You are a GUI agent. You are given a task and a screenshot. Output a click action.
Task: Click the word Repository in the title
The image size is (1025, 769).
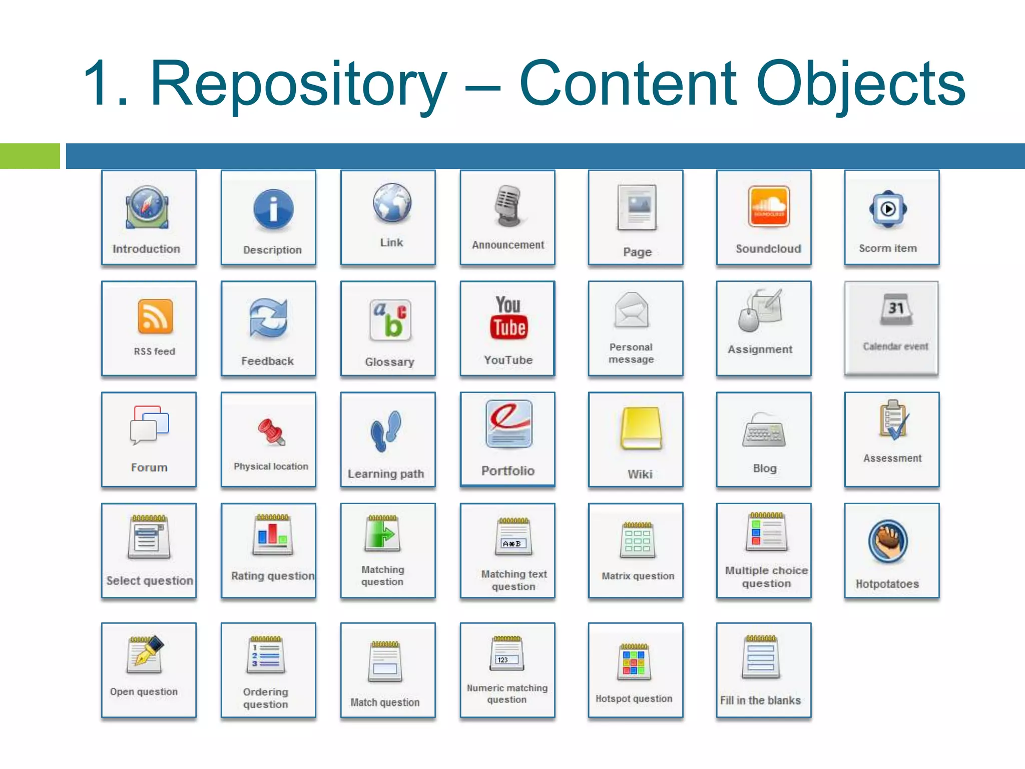coord(298,84)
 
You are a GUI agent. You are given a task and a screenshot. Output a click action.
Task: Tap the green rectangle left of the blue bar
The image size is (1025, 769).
coord(30,156)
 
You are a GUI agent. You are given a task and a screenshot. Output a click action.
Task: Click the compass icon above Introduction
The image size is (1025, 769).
coord(147,207)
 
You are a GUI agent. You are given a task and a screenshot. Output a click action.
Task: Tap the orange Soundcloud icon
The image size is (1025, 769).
coord(769,206)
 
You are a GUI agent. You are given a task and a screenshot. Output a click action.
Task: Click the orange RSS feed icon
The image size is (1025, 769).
coord(155,316)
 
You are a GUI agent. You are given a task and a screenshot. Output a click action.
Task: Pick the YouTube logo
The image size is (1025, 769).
coord(508,318)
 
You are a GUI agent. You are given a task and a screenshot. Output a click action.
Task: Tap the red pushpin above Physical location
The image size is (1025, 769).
coord(271,432)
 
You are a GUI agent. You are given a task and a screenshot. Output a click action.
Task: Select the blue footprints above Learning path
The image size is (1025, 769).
coord(386,430)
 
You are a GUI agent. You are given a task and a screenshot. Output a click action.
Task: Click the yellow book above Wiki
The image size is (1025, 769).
coord(641,429)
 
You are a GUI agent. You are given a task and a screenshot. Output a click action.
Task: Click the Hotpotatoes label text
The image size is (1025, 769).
coord(887,584)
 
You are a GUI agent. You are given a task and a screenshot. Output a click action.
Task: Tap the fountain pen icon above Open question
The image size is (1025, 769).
coord(146,653)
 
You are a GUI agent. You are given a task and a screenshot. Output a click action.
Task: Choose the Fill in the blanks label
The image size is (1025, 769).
coord(760,700)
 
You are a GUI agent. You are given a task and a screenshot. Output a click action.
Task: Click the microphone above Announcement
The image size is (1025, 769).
coord(508,206)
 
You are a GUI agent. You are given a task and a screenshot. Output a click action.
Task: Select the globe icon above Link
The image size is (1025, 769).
coord(392,203)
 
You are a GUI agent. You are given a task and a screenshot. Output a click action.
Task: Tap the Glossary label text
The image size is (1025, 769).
coord(389,361)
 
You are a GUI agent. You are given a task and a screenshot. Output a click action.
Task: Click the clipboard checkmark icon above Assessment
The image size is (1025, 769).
coord(894,420)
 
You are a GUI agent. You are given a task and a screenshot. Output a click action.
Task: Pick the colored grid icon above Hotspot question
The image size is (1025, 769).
coord(634,662)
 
